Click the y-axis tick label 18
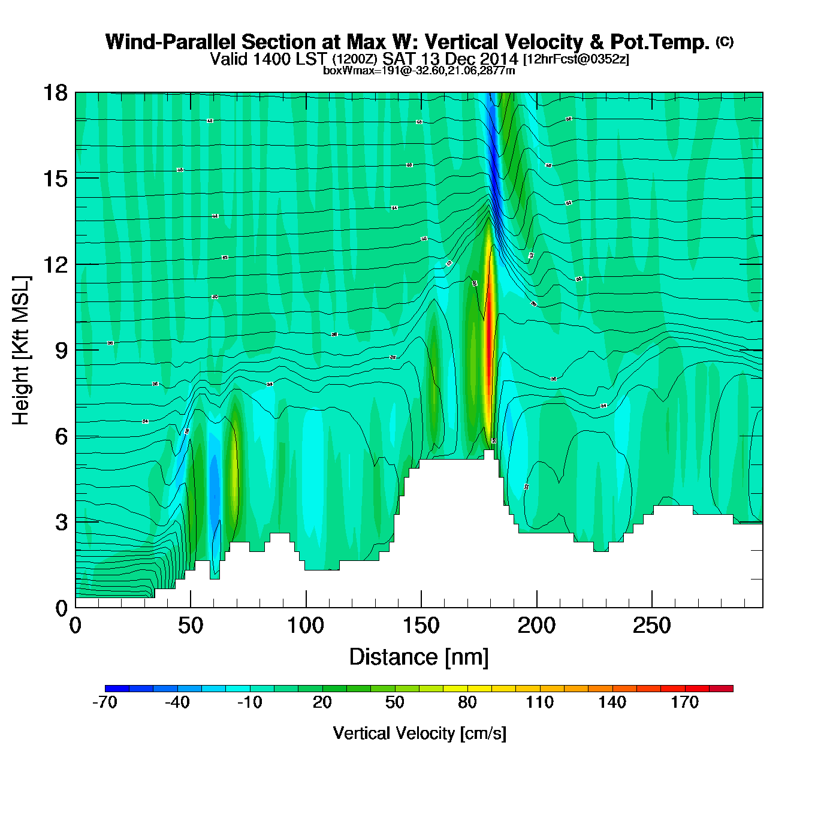(x=55, y=93)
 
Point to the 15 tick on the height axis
(x=55, y=179)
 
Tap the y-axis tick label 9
(x=61, y=351)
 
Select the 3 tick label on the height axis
(x=61, y=523)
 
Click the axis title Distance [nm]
(x=419, y=657)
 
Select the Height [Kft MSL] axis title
(x=21, y=351)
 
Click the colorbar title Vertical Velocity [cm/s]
(x=419, y=733)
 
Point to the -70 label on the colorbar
(x=105, y=702)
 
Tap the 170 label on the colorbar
(x=684, y=702)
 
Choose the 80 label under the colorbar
(x=467, y=702)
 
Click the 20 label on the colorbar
(x=322, y=702)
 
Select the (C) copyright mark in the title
(x=725, y=41)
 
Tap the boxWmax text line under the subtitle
(x=419, y=70)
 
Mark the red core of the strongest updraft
(x=489, y=324)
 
